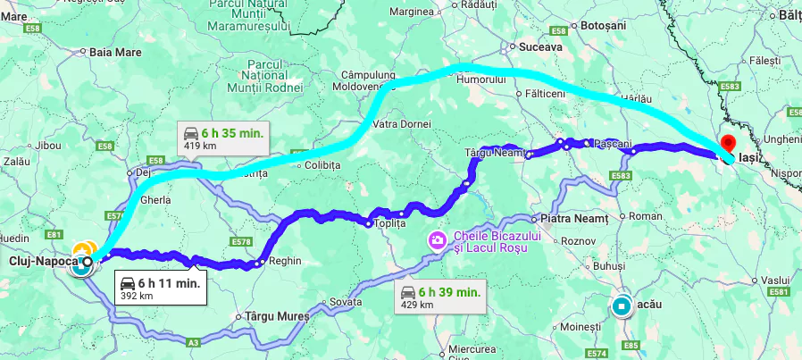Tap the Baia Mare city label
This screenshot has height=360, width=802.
116,53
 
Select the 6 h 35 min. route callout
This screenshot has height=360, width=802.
223,138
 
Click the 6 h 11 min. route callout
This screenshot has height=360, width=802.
160,288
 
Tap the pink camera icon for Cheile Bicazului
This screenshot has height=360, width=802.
438,239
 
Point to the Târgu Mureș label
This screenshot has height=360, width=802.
277,316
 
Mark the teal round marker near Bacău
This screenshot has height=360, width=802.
622,306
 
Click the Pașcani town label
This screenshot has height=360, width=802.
613,143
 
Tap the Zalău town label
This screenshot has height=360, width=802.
18,162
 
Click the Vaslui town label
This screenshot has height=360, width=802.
778,280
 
